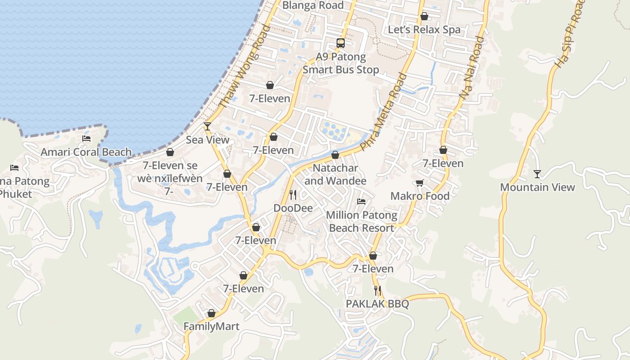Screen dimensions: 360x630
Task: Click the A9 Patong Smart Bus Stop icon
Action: pos(341,43)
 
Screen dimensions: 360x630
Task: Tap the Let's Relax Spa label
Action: pos(424,30)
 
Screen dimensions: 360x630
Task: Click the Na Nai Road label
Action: pos(472,67)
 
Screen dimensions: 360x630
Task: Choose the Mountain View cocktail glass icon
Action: pos(537,174)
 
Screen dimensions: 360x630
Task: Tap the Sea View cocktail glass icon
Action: pos(207,126)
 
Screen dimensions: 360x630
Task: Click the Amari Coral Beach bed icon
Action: pos(86,138)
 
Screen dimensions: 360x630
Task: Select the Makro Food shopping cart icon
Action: pos(420,183)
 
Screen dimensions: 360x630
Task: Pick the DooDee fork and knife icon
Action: pos(293,194)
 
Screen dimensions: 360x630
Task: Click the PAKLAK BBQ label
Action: pos(377,304)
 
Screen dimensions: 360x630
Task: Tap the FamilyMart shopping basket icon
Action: pos(211,313)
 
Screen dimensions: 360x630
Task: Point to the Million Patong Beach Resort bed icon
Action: pos(361,201)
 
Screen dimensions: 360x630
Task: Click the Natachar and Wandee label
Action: pos(335,174)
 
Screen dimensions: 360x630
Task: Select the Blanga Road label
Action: pos(313,5)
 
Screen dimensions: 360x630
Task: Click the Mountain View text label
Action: pos(537,187)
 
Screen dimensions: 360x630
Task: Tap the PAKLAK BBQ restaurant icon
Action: pos(377,291)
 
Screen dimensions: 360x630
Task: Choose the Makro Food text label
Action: pos(420,196)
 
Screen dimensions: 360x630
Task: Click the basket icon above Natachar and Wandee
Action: pos(335,155)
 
